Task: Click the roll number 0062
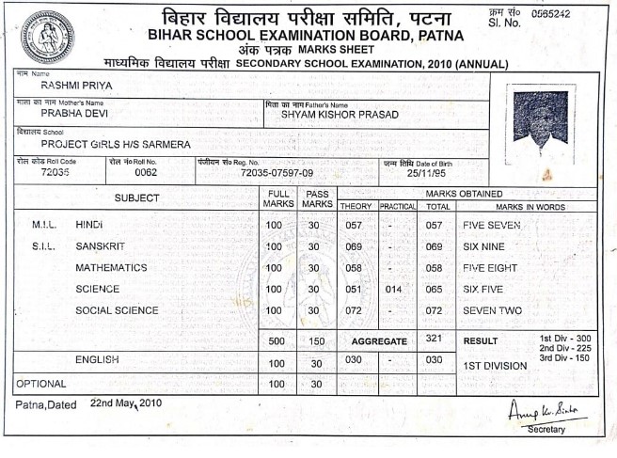[x=146, y=173]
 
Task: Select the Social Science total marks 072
[x=435, y=310]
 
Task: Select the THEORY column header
[x=356, y=206]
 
